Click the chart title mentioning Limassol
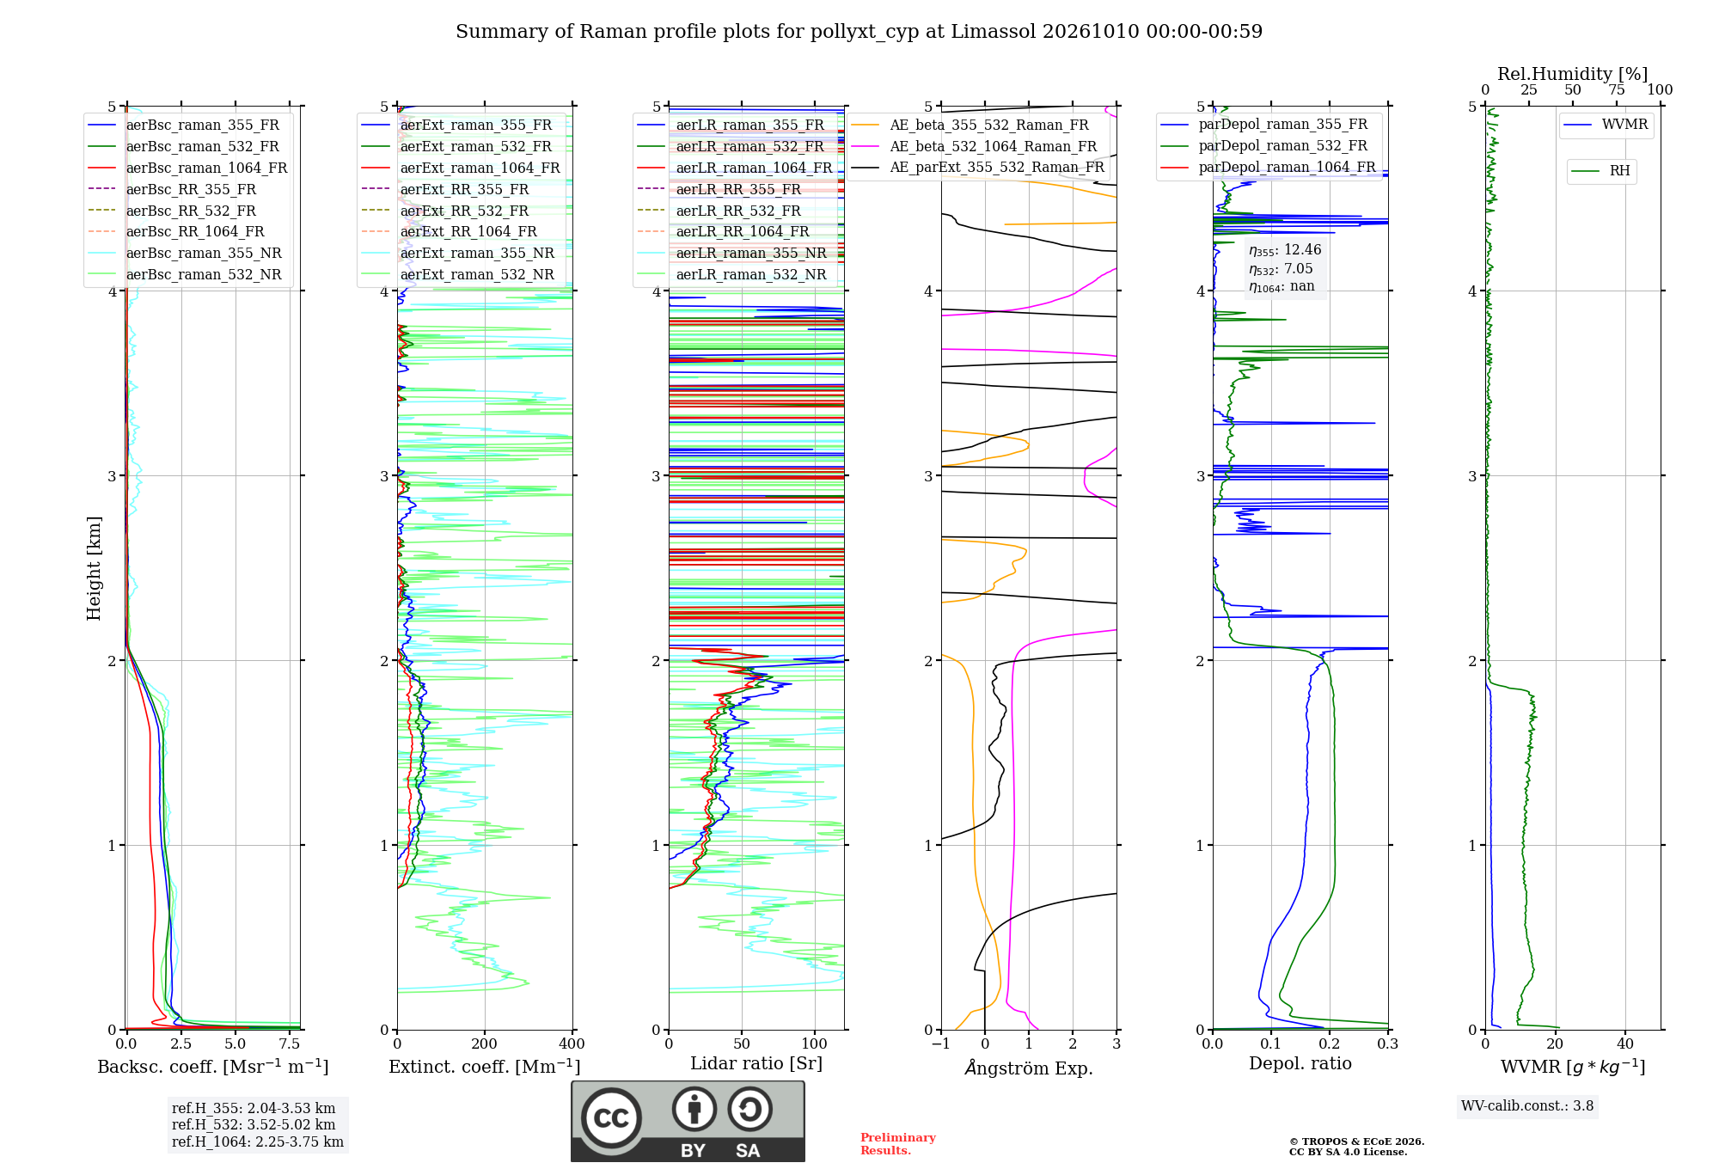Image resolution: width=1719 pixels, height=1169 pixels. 859,32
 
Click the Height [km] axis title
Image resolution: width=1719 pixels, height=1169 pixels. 94,568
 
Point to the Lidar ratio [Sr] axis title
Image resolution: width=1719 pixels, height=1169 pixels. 756,1063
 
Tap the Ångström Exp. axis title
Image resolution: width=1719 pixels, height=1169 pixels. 1029,1068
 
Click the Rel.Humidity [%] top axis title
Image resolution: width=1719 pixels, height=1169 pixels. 1573,74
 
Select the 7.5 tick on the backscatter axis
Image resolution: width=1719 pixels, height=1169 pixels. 290,1044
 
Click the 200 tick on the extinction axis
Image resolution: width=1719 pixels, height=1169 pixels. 485,1044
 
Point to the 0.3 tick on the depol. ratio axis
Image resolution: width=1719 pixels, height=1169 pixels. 1388,1044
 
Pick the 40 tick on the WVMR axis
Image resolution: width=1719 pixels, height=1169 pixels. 1625,1044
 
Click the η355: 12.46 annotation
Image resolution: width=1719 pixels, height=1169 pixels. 1285,250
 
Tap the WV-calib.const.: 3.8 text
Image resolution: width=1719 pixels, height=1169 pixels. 1527,1106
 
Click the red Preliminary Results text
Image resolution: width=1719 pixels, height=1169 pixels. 898,1144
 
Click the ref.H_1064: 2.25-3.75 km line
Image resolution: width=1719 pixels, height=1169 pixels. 258,1141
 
